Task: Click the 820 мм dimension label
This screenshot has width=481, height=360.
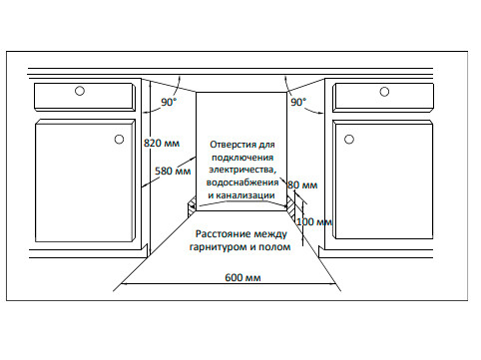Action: pos(163,143)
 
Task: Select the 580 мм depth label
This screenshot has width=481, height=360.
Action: pos(173,172)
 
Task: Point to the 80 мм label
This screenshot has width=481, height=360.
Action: pos(301,185)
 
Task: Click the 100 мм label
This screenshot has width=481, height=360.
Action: pos(313,220)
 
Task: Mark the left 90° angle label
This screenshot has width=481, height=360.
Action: pos(170,102)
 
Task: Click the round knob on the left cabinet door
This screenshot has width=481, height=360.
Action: pos(120,138)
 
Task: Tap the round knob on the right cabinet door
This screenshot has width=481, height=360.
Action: pos(351,138)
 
